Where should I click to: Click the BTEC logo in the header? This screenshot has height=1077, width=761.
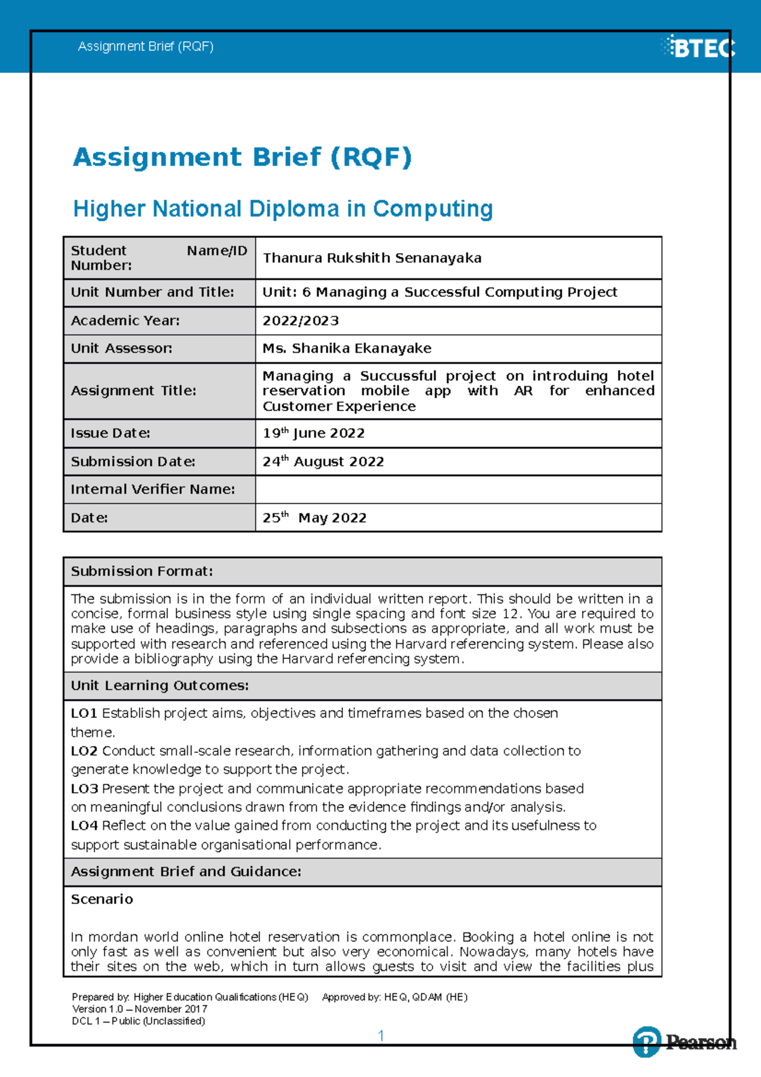point(699,47)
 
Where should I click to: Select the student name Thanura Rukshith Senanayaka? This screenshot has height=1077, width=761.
point(372,258)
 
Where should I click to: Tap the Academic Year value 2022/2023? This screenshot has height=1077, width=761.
point(301,321)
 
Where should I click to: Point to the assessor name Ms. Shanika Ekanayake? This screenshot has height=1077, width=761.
point(347,348)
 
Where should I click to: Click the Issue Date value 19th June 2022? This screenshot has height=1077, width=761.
point(313,433)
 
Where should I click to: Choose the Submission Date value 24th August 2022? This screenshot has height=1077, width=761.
point(323,462)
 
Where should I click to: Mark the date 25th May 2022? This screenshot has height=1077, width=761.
point(315,518)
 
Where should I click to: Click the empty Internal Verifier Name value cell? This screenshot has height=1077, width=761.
point(458,490)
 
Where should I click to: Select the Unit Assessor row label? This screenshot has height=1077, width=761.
point(121,348)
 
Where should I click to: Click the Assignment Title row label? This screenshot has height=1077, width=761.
point(133,391)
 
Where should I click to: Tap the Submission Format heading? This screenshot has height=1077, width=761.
point(141,571)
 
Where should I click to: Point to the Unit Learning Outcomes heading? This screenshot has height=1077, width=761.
point(159,686)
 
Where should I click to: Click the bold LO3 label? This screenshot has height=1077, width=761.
point(84,788)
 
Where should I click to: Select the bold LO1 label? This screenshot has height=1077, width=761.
point(84,713)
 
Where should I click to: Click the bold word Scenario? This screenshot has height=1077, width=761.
point(101,899)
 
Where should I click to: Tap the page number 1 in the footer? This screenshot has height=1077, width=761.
point(380,1036)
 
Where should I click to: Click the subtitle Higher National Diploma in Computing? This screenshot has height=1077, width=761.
point(283,209)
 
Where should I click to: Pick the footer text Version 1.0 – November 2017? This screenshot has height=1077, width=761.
point(140,1009)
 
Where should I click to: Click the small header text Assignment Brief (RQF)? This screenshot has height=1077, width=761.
point(145,46)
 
